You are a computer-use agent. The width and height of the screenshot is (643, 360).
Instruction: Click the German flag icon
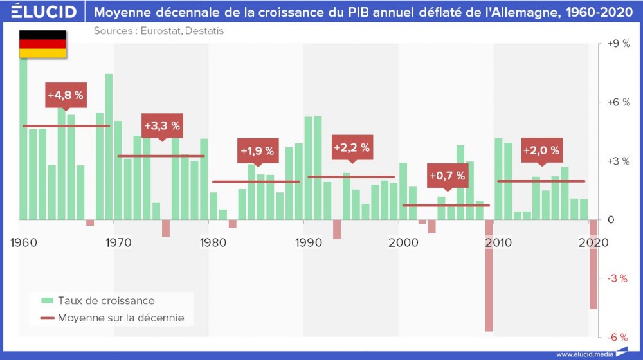(42, 44)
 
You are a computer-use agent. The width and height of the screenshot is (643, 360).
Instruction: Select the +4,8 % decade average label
(65, 95)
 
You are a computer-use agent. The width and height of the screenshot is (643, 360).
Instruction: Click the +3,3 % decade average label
(162, 125)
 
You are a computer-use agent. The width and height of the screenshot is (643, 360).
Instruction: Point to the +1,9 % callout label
(257, 151)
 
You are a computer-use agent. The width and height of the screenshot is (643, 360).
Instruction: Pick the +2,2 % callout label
(352, 147)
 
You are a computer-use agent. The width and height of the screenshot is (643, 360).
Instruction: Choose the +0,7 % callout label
(446, 175)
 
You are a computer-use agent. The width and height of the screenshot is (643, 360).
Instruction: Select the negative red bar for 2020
(593, 264)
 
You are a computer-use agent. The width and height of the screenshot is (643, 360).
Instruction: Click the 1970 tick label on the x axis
(118, 243)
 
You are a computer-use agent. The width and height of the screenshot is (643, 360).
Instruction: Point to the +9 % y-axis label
(619, 44)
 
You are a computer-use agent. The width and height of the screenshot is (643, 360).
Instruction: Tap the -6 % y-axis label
(619, 337)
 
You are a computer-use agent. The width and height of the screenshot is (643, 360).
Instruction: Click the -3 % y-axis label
(619, 278)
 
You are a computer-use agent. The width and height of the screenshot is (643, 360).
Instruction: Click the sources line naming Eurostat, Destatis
(159, 31)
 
